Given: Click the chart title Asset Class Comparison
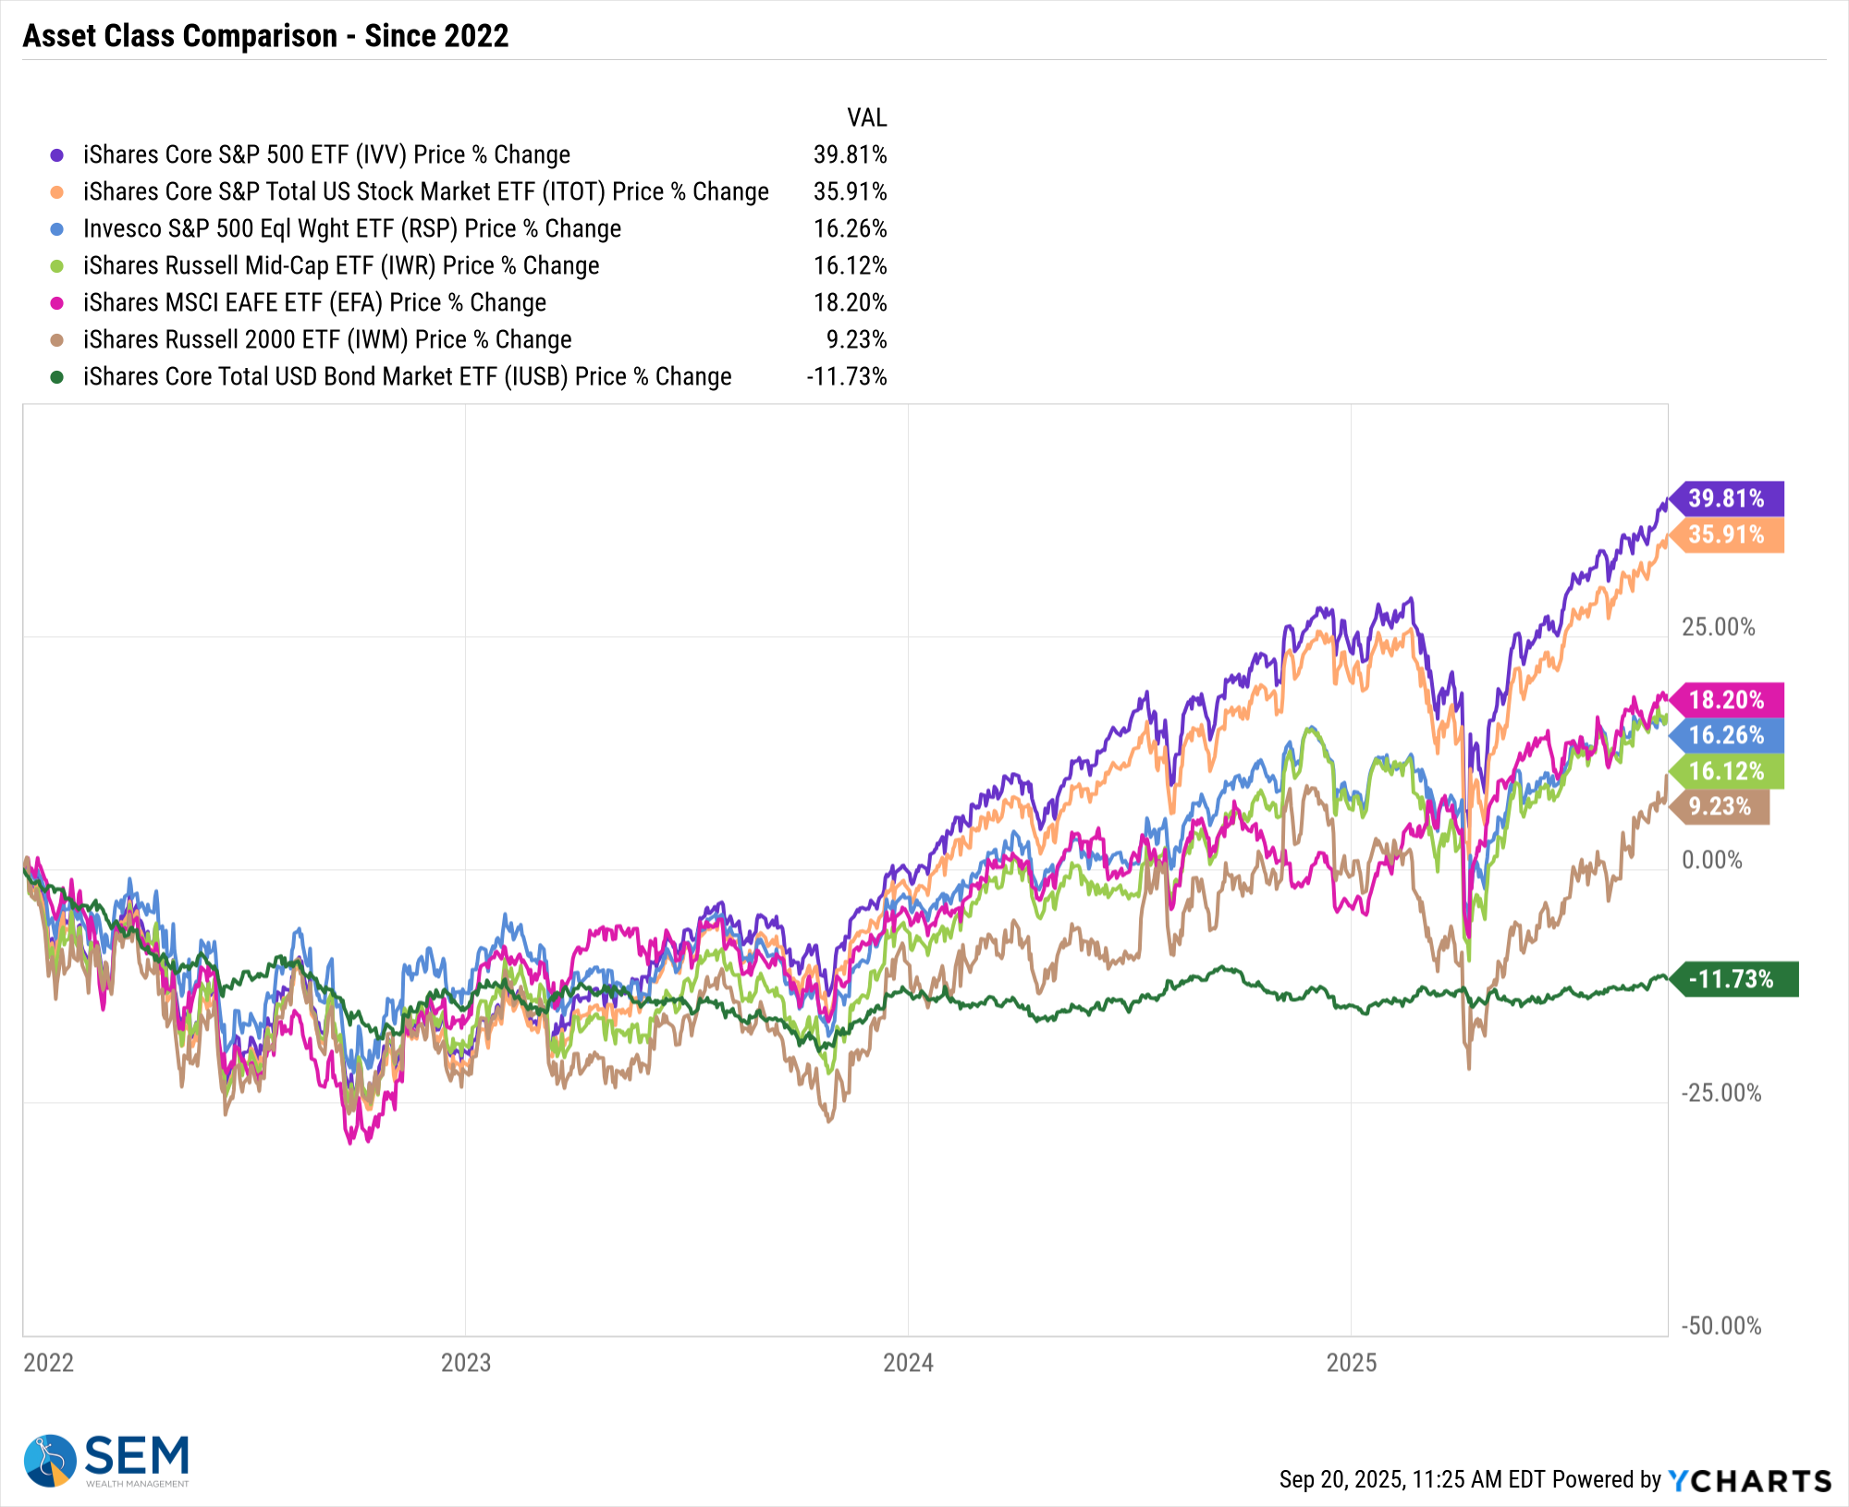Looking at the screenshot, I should tap(265, 36).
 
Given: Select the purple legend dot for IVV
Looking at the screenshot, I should tap(57, 155).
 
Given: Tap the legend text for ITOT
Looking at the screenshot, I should tap(425, 191).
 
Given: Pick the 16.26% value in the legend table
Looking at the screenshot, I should tap(850, 228).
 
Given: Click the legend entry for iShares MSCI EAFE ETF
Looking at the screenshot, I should tap(314, 302).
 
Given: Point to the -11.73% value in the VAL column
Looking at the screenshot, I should tap(846, 376).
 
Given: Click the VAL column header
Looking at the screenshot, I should tap(866, 117).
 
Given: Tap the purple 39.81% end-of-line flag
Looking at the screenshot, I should tap(1727, 498).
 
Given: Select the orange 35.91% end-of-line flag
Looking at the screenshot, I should tap(1727, 534).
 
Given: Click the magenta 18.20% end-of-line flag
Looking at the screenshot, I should tap(1727, 700).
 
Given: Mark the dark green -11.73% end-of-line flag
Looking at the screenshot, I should tap(1732, 979).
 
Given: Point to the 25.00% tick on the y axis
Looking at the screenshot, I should tap(1718, 627).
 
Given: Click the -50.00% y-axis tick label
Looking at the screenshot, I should tap(1720, 1326).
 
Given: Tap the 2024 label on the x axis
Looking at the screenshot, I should tap(908, 1363).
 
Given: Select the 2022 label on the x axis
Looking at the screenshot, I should tap(48, 1363).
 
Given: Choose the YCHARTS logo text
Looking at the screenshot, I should tap(1750, 1480).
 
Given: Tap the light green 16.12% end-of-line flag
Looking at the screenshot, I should tap(1727, 771).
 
